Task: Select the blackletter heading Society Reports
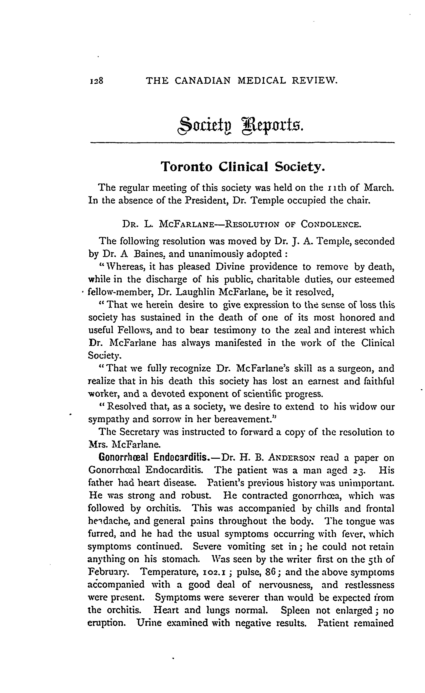pos(241,126)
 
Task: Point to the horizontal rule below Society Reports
pos(242,143)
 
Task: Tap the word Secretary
pos(137,432)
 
